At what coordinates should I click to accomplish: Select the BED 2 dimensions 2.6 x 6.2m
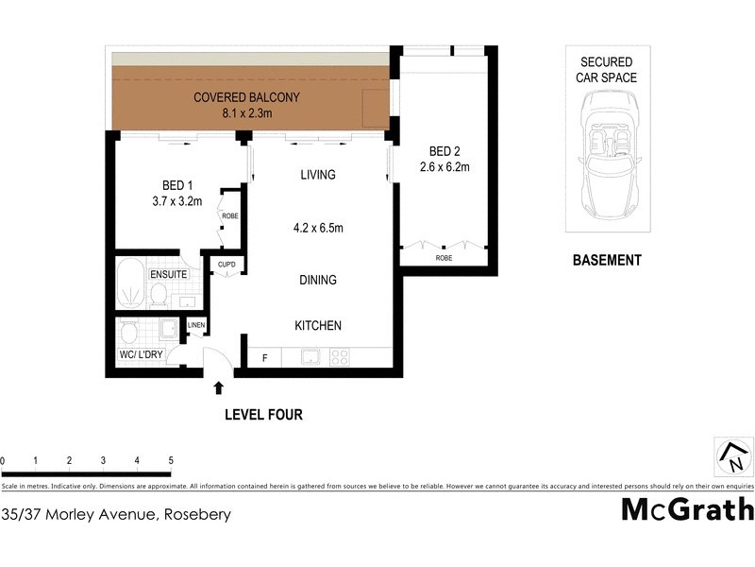[x=445, y=167]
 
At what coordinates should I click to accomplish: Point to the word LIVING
[x=318, y=175]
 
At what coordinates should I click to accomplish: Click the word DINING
[x=318, y=280]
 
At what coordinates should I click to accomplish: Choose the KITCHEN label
[x=318, y=325]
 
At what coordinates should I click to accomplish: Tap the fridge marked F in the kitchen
[x=265, y=358]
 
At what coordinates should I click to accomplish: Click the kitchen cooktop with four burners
[x=340, y=358]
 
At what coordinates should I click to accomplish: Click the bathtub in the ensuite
[x=130, y=283]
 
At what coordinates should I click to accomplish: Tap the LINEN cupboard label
[x=196, y=326]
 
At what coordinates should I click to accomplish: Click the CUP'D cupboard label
[x=226, y=265]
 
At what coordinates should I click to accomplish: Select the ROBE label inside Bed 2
[x=443, y=257]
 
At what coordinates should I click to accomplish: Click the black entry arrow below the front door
[x=219, y=387]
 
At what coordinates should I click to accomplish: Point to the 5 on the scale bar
[x=171, y=461]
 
